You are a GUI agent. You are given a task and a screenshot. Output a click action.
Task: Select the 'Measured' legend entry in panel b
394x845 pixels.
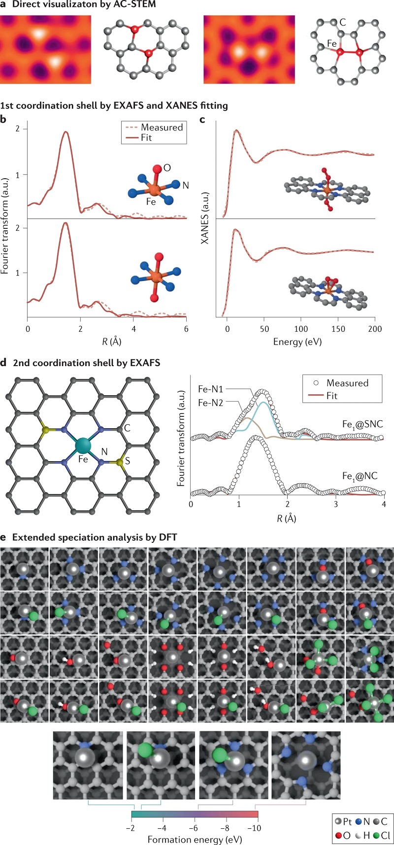(162, 127)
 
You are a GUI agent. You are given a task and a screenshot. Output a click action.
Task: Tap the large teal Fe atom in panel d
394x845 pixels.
(83, 446)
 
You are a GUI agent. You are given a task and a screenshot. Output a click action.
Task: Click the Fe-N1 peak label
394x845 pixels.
(210, 389)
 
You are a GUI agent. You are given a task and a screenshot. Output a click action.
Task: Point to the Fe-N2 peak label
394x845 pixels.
(210, 403)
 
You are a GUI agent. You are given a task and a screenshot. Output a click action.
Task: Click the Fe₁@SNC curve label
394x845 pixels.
(362, 424)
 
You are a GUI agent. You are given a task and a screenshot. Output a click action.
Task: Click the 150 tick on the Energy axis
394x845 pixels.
(338, 329)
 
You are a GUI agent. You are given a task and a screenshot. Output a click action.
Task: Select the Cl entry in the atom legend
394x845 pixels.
(382, 836)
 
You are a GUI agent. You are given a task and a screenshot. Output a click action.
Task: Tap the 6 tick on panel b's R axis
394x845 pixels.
(186, 329)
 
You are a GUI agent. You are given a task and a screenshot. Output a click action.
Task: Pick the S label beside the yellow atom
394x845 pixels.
(127, 462)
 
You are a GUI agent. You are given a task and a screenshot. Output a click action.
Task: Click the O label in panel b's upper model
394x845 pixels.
(167, 168)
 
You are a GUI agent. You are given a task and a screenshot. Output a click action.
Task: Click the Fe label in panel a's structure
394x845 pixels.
(332, 44)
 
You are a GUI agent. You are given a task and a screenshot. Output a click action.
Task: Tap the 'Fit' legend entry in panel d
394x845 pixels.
(331, 396)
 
